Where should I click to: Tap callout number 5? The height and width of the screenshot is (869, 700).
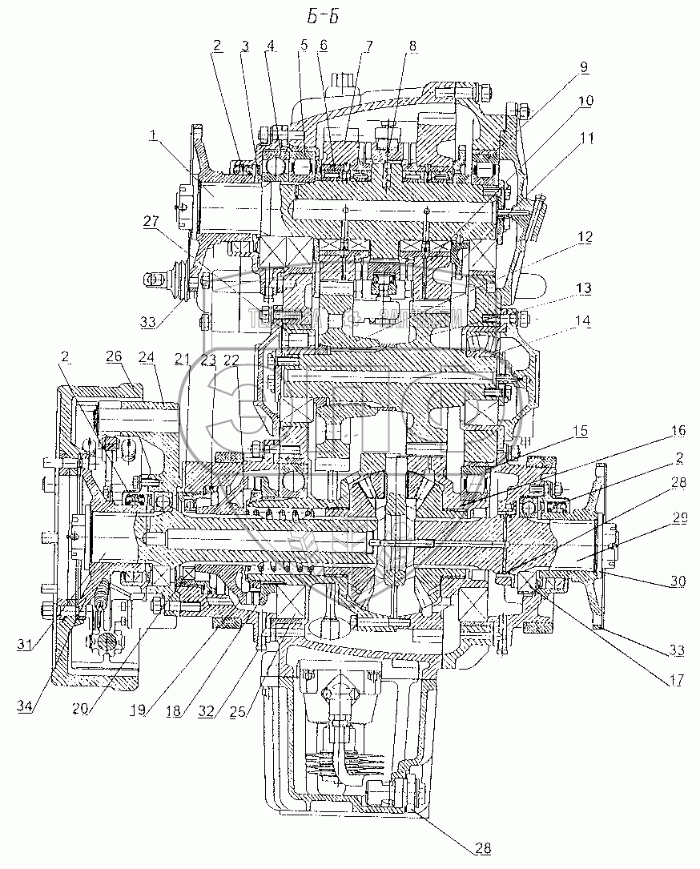(303, 46)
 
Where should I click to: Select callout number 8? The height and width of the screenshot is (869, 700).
(411, 46)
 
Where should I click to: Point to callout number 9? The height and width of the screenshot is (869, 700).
(584, 68)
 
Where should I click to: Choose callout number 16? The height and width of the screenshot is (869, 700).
(678, 430)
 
